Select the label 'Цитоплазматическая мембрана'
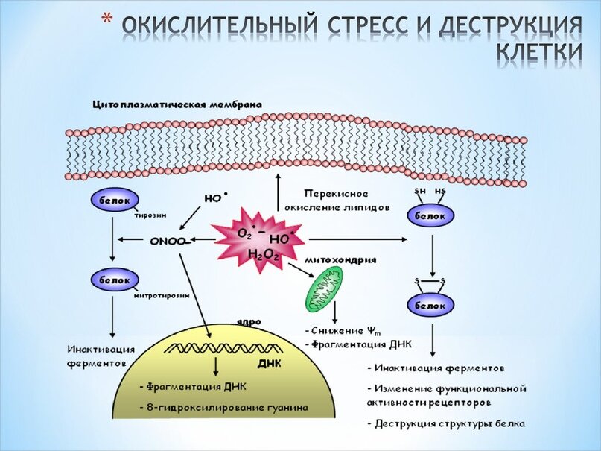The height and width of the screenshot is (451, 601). (x=177, y=105)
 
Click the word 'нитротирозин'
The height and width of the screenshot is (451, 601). (x=162, y=295)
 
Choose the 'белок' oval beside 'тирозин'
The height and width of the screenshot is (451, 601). (x=112, y=201)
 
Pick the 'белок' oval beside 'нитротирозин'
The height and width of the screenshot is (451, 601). (x=112, y=280)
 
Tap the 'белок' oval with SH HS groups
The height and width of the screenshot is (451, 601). (x=430, y=215)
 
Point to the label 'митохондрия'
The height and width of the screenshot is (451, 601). (x=340, y=261)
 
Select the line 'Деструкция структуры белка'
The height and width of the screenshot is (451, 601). (x=448, y=424)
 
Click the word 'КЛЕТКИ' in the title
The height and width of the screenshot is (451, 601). (x=538, y=51)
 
